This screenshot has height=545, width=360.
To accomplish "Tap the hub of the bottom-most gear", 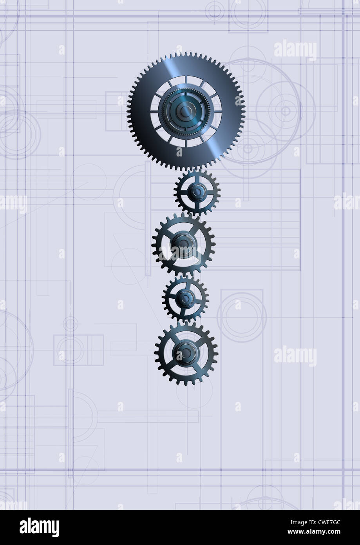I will pos(186,351).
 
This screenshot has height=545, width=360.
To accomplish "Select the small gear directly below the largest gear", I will pos(197,192).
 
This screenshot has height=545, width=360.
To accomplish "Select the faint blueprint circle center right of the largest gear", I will pos(286,111).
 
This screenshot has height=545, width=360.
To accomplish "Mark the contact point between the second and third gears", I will pos(191,214).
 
